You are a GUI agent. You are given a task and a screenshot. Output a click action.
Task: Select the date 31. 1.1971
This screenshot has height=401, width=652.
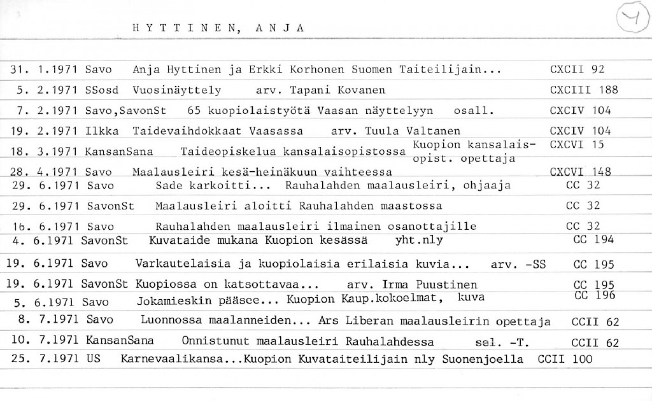click(x=44, y=69)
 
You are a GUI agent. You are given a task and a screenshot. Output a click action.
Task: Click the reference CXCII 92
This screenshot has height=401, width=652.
click(x=577, y=69)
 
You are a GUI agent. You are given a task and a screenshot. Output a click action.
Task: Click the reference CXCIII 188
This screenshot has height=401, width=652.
click(x=583, y=90)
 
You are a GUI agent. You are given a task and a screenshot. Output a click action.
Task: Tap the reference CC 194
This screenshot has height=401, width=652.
click(x=593, y=240)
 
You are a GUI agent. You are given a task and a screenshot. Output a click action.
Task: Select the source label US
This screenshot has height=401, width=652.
click(x=94, y=359)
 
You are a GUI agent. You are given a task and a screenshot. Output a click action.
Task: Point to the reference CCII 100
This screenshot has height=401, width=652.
click(x=565, y=359)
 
